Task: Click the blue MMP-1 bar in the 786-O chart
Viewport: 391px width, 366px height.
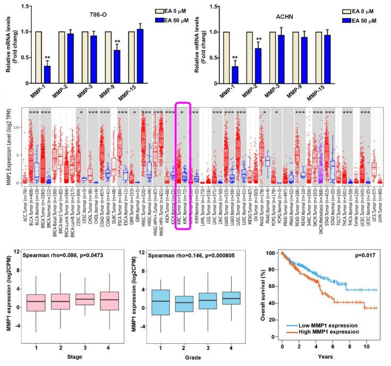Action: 47,75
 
